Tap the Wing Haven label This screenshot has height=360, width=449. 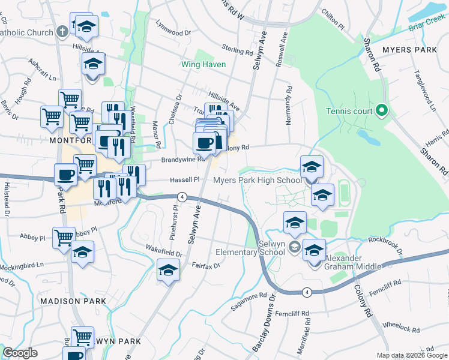pos(204,64)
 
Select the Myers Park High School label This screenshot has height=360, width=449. pos(258,180)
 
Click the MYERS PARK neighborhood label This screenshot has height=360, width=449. pos(412,49)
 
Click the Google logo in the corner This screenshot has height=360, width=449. pos(20,353)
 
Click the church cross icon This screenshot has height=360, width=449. pos(62,31)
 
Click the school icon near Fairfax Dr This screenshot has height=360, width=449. pos(169,271)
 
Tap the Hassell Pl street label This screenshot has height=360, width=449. pos(184,179)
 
